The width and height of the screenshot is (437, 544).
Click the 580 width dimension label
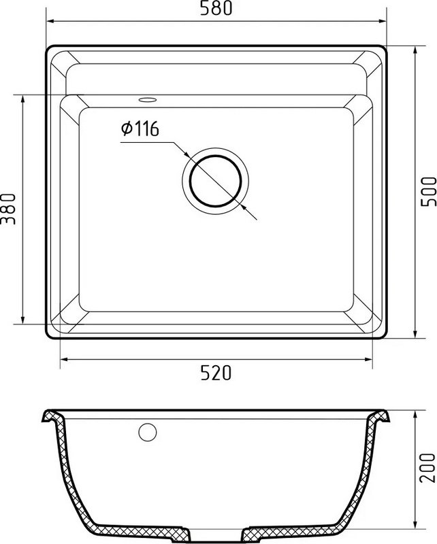pyautogui.click(x=216, y=8)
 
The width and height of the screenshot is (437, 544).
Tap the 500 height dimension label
pyautogui.click(x=428, y=192)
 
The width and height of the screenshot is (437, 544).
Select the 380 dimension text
pyautogui.click(x=8, y=209)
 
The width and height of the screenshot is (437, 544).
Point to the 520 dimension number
pyautogui.click(x=216, y=373)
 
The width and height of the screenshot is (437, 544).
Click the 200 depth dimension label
pyautogui.click(x=427, y=468)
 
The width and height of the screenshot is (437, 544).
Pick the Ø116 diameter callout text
pyautogui.click(x=140, y=129)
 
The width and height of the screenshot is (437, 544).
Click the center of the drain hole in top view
pyautogui.click(x=215, y=181)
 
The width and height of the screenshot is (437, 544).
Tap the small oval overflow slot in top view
pyautogui.click(x=148, y=100)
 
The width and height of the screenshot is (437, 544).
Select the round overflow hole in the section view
pyautogui.click(x=148, y=432)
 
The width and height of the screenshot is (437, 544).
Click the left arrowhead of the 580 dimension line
pyautogui.click(x=50, y=21)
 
